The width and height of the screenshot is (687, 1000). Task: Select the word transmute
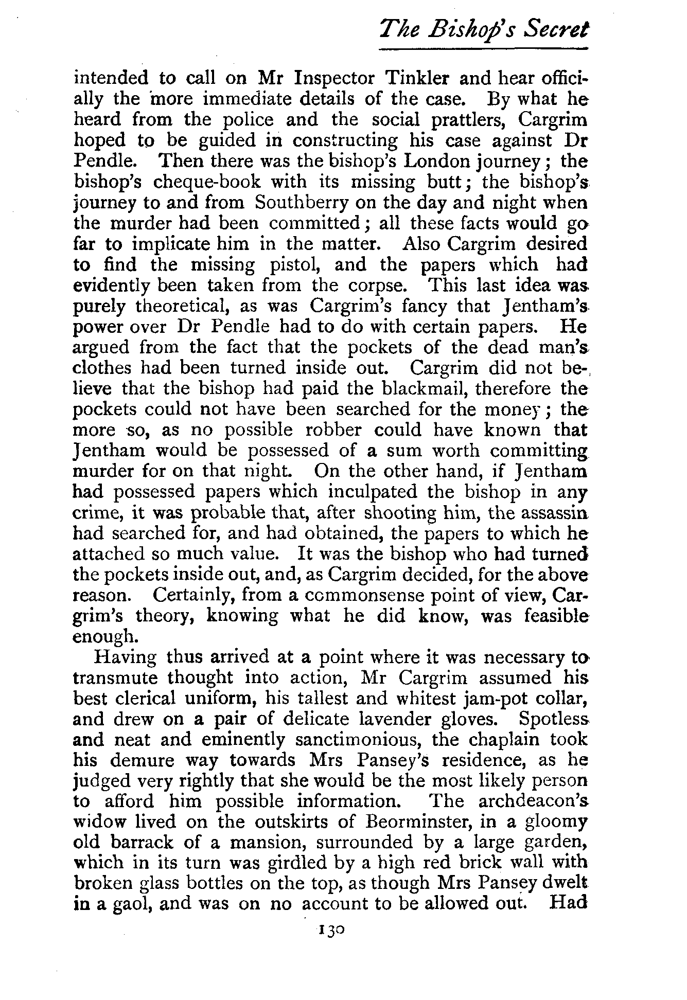coord(117,678)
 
